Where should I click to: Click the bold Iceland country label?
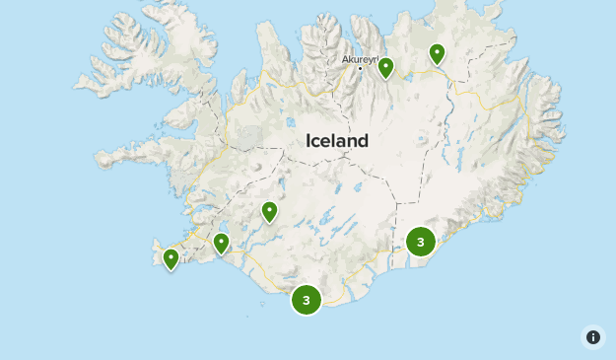pos(337,141)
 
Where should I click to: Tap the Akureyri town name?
pos(360,59)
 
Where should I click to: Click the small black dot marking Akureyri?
pos(360,68)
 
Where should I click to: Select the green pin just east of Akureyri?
pos(386,67)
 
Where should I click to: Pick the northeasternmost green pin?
pos(437,53)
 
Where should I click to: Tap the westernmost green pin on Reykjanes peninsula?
pos(171,258)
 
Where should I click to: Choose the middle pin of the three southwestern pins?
pos(222,242)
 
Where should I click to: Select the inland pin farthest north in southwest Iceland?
pos(269,211)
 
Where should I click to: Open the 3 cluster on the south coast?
pos(307,299)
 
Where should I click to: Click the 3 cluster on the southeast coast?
pos(421,241)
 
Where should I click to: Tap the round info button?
pos(593,337)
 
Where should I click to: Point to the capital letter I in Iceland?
pos(308,141)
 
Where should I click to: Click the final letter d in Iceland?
pos(364,141)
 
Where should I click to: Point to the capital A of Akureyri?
pos(345,59)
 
